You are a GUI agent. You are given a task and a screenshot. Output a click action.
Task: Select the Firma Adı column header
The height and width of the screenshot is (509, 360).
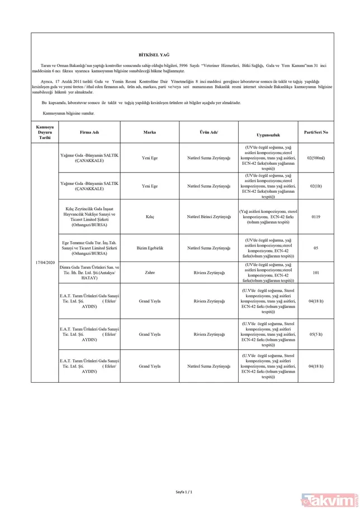pos(89,132)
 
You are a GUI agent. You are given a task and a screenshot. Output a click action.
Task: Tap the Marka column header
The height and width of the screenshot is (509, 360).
pos(149,132)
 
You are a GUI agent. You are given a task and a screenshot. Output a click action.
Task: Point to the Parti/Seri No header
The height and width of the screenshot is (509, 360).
pos(316,132)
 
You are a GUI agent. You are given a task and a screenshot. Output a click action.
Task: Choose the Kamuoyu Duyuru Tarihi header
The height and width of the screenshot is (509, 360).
pos(44,132)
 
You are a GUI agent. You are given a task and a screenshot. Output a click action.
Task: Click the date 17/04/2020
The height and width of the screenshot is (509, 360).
pos(44,262)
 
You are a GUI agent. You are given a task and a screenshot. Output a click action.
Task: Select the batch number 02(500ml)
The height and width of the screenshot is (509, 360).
pos(316,158)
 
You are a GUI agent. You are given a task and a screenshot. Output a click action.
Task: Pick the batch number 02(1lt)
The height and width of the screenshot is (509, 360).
pos(316,186)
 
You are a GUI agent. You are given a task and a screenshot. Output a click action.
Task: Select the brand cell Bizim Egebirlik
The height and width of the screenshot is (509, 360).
pos(149,246)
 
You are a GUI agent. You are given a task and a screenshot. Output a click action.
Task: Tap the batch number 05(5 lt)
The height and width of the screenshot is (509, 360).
pos(316,334)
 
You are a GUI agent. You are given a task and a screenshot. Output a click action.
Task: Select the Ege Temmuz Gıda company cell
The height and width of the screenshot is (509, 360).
pos(89,246)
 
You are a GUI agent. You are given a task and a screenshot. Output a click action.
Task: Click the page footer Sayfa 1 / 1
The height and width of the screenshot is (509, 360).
pos(184,491)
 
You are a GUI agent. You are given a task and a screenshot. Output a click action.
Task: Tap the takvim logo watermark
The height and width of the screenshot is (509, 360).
pos(335,497)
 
